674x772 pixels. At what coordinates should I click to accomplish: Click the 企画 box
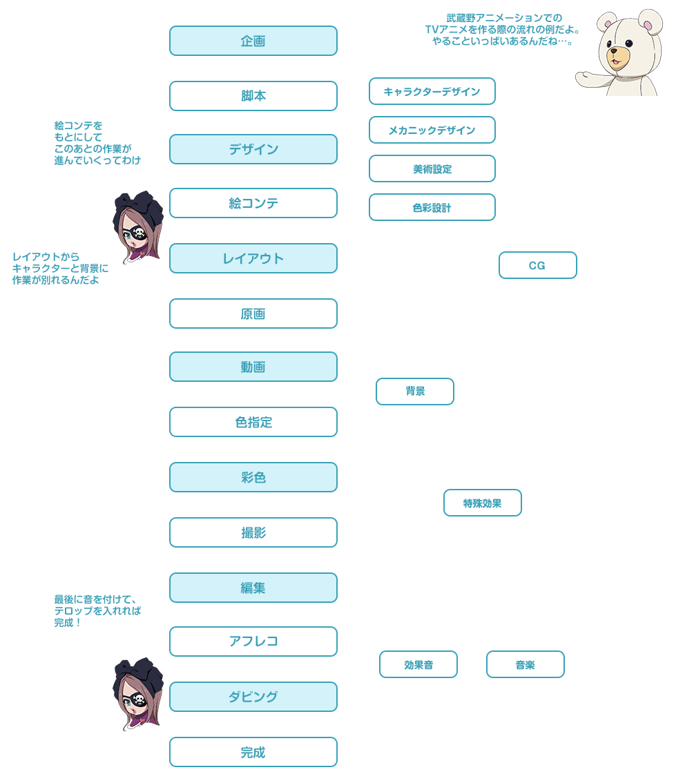coord(253,41)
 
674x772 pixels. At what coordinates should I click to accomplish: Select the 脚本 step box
coord(253,96)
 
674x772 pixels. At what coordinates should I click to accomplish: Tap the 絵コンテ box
coord(253,203)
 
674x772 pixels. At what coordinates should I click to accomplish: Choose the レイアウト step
coord(253,258)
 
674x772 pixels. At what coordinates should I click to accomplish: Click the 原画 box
coord(253,313)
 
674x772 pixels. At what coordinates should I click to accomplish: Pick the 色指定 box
coord(253,422)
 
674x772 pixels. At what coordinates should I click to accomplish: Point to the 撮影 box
coord(253,532)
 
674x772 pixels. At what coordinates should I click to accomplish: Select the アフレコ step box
coord(253,641)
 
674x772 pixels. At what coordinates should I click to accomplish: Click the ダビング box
coord(253,697)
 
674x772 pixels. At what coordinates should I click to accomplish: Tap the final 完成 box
coord(253,752)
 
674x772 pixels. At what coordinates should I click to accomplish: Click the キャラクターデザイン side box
coord(432,91)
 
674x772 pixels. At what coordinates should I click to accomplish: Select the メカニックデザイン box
coord(432,130)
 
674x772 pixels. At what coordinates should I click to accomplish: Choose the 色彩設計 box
coord(432,207)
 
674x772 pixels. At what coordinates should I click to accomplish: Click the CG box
coord(537,265)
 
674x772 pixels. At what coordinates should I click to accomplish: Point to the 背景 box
coord(415,392)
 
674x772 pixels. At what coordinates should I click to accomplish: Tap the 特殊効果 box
coord(482,503)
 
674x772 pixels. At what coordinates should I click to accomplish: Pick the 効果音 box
coord(418,665)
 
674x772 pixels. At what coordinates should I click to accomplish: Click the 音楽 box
coord(525,665)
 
